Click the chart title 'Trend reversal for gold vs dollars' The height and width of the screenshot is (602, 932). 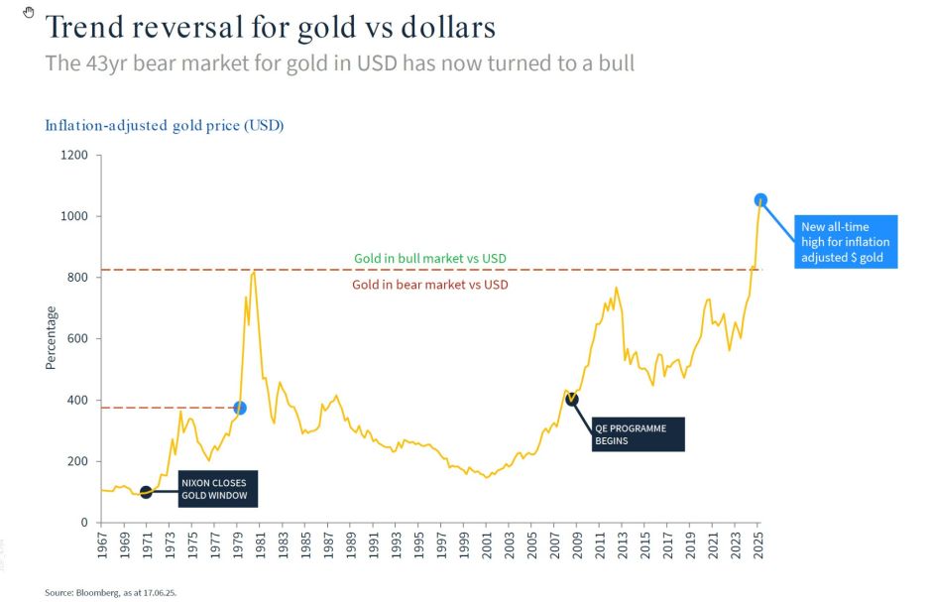pyautogui.click(x=271, y=27)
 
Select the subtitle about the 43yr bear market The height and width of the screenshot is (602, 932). pyautogui.click(x=339, y=63)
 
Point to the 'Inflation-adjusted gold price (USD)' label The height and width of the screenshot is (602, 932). pyautogui.click(x=165, y=126)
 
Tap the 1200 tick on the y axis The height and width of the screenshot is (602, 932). pyautogui.click(x=75, y=156)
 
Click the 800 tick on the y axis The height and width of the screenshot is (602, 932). pyautogui.click(x=78, y=278)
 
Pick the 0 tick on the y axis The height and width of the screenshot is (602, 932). pyautogui.click(x=84, y=523)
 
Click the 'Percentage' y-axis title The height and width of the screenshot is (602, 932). pyautogui.click(x=51, y=338)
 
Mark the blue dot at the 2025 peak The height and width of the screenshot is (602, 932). pyautogui.click(x=760, y=199)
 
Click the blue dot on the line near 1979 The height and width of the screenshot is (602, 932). pyautogui.click(x=240, y=408)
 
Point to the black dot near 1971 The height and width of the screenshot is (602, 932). pyautogui.click(x=146, y=492)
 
